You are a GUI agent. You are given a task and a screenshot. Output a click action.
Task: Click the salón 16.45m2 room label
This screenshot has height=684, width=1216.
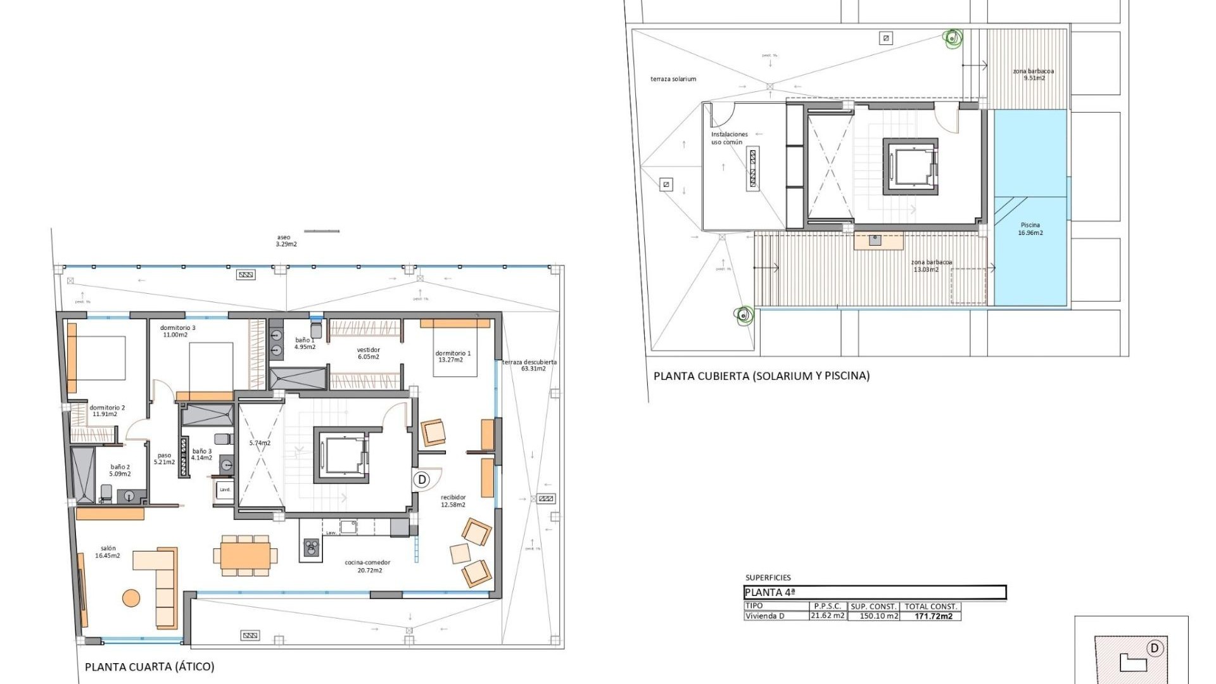[x=108, y=552]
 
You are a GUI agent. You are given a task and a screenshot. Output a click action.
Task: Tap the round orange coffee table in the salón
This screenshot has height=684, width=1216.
[x=131, y=598]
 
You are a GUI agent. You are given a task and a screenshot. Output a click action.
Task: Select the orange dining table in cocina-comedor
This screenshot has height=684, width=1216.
[x=246, y=555]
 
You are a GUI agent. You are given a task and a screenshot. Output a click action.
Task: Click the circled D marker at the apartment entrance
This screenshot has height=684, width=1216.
[x=422, y=479]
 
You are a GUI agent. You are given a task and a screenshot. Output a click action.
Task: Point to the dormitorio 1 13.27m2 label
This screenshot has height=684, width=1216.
[x=452, y=357]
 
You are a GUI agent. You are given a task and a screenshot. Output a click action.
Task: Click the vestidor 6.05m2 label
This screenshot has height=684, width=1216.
[x=368, y=353]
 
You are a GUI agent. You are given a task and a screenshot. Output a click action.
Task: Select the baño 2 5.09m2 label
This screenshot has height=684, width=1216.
[x=120, y=471]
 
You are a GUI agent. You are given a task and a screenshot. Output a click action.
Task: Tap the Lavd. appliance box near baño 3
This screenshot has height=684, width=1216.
[x=225, y=490]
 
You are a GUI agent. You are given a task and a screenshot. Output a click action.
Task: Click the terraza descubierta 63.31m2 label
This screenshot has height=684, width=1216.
[x=530, y=365]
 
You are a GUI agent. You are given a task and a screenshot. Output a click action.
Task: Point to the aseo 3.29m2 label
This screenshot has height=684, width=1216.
[x=286, y=241]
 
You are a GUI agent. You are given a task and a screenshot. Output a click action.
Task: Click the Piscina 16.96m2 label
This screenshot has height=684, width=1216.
[x=1030, y=229]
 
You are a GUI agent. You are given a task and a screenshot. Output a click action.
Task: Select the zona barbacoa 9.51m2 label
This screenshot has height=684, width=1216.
[x=1033, y=75]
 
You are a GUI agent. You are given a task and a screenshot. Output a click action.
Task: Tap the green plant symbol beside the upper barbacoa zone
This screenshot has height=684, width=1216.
[x=952, y=39]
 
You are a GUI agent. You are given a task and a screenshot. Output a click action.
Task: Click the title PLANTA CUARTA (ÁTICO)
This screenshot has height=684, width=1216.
[x=149, y=666]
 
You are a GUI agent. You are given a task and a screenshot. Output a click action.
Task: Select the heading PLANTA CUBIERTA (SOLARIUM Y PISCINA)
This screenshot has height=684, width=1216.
[x=761, y=376]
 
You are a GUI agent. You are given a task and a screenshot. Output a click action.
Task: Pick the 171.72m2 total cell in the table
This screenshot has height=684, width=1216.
[x=933, y=616]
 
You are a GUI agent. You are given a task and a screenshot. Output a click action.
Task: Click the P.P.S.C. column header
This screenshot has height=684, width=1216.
[x=827, y=606]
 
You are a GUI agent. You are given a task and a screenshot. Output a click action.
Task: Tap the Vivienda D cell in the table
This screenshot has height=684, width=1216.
[x=764, y=616]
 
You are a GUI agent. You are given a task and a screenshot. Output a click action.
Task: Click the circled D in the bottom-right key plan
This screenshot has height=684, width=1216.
[x=1155, y=648]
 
